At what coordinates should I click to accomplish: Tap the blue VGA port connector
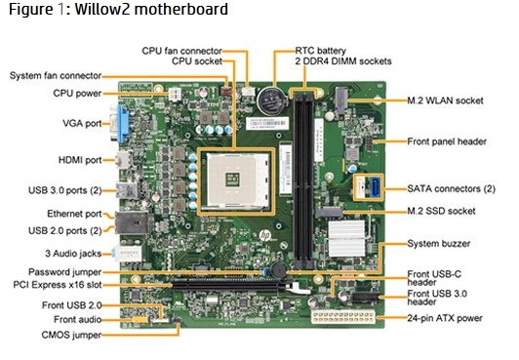tap(122, 123)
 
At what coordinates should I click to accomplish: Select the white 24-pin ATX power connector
tap(343, 318)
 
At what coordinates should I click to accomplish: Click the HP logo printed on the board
tap(264, 235)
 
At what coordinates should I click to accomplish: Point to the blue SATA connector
tap(376, 187)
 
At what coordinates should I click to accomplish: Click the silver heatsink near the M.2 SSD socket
tap(346, 239)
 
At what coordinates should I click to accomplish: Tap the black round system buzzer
tap(279, 270)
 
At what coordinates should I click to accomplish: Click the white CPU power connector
tap(175, 94)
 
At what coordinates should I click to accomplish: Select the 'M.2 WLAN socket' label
tap(445, 100)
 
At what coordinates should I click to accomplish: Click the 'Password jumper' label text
tap(64, 272)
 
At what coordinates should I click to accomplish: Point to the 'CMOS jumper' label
tap(71, 335)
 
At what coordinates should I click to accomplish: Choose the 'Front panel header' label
tap(447, 141)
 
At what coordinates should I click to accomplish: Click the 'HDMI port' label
tap(80, 160)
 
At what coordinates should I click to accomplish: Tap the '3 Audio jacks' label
tap(73, 254)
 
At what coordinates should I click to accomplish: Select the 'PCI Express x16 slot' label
tap(58, 285)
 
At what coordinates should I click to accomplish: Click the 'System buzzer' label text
tap(439, 244)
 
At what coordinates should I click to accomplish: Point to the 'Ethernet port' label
tap(74, 214)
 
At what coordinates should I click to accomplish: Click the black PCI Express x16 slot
tap(232, 284)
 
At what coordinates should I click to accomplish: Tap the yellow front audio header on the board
tap(140, 320)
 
